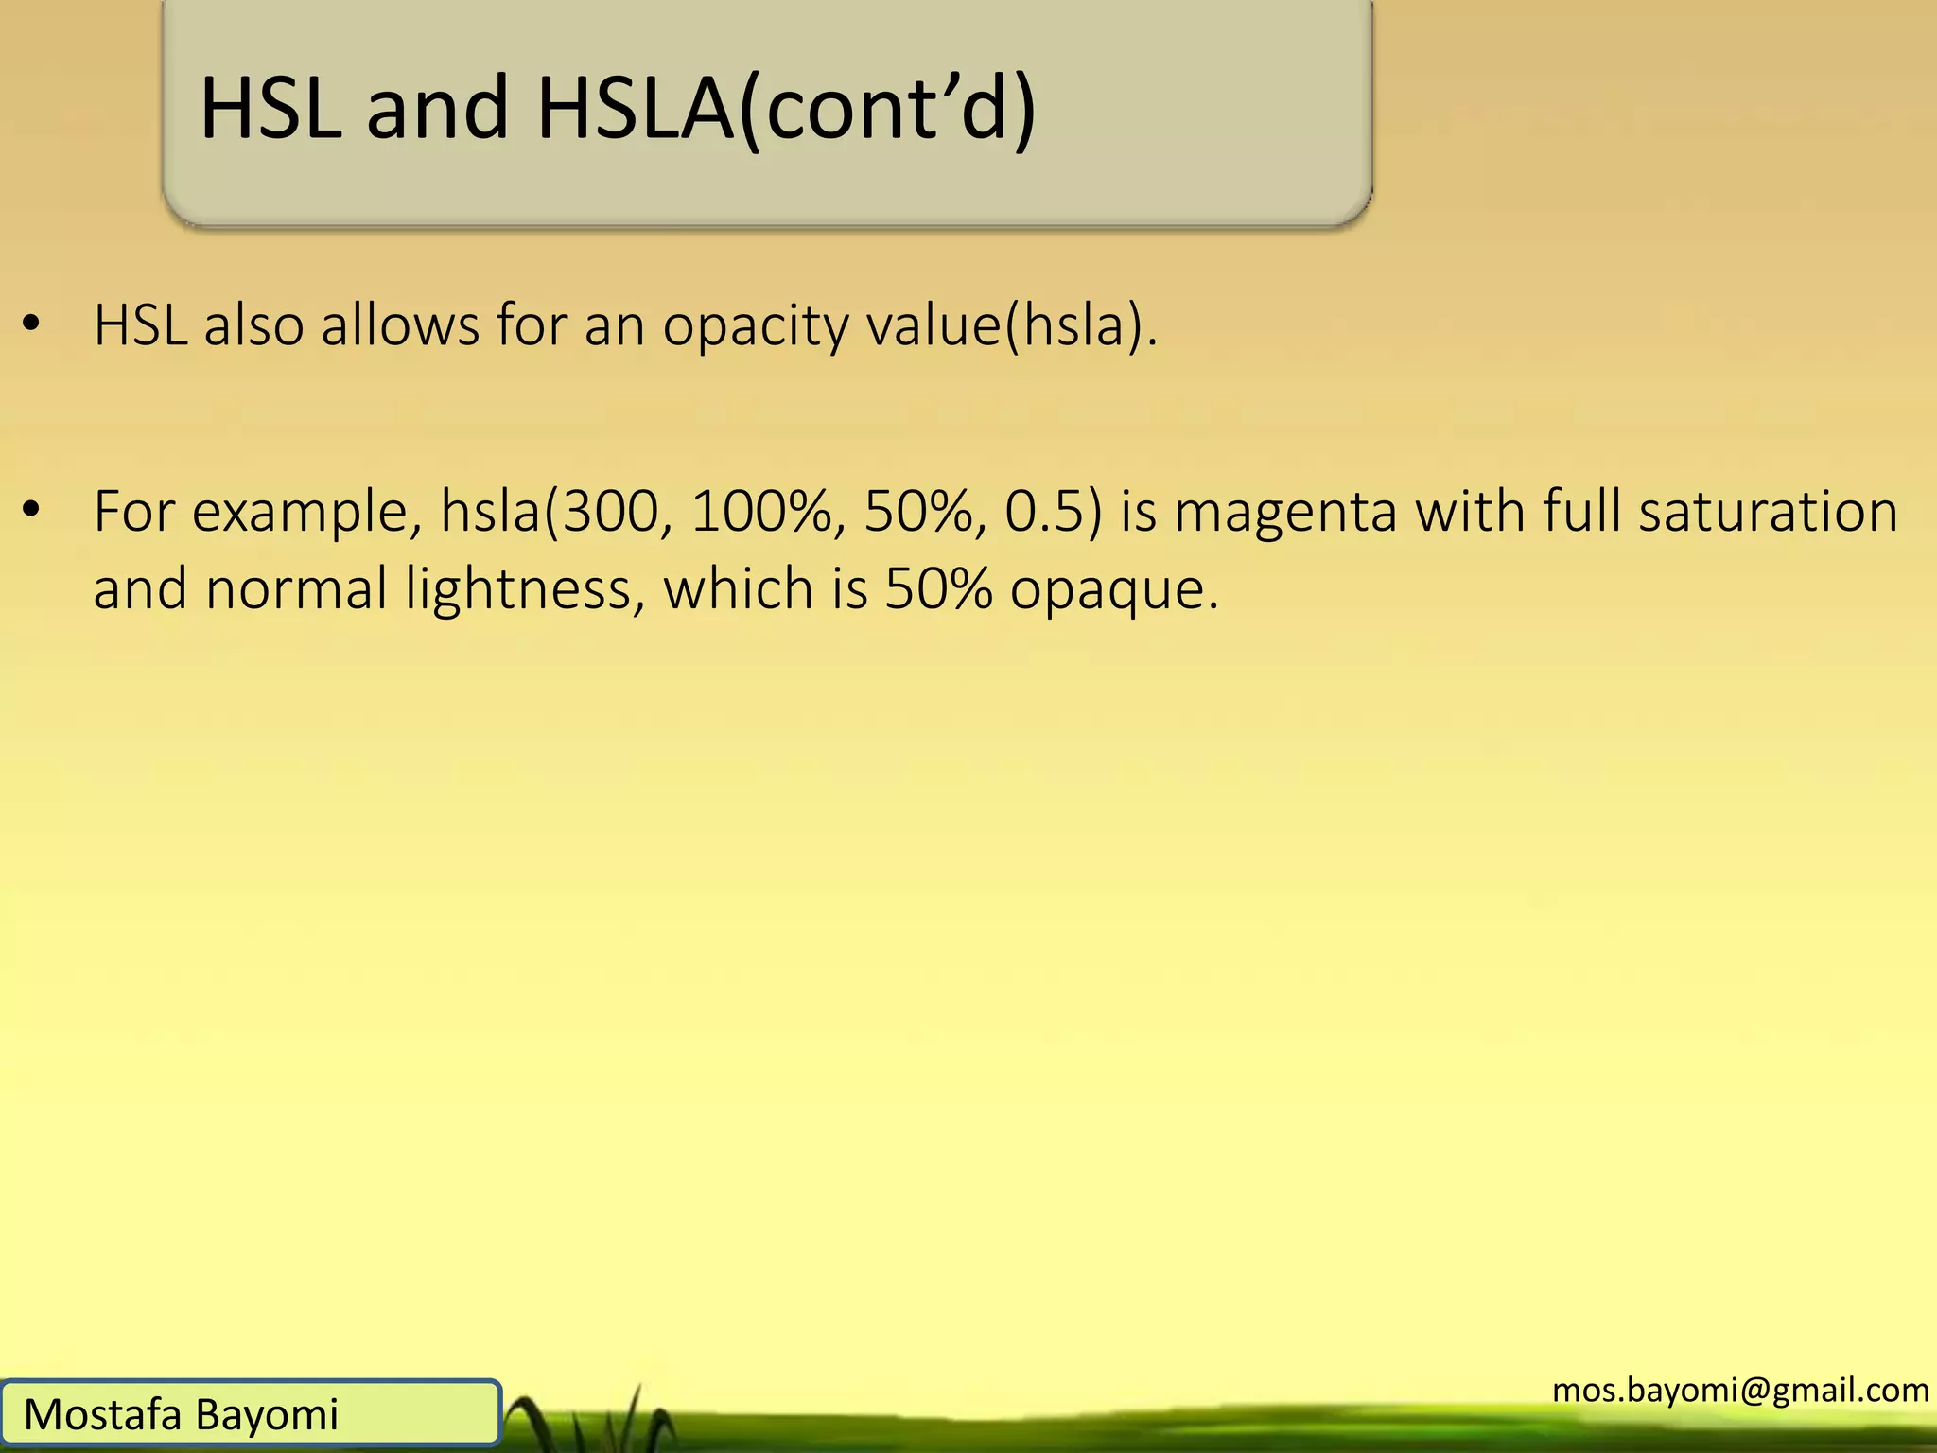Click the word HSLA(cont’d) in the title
coord(786,110)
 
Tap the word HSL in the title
coord(270,110)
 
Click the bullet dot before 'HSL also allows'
coord(32,324)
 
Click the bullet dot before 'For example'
coord(32,511)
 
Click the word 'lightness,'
coord(526,589)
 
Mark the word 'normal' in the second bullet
coord(297,589)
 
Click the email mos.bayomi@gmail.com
coord(1740,1390)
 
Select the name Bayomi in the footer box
coord(268,1415)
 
